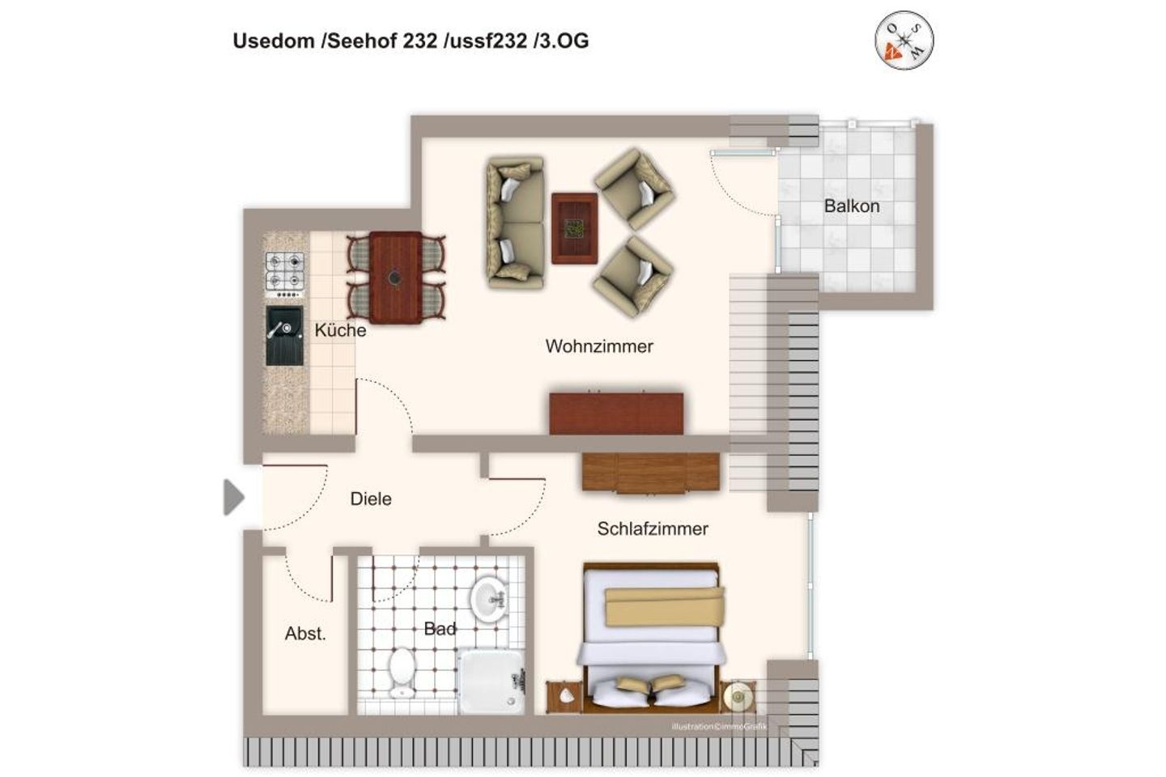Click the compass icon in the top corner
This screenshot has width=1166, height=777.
pos(904,40)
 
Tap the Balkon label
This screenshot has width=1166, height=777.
pos(851,206)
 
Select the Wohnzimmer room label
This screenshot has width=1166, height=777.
pos(598,346)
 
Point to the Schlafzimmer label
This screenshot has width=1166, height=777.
pos(653,529)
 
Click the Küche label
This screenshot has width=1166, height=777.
pos(340,330)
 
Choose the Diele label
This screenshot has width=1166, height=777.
pos(370,499)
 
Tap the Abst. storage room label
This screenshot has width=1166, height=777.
pos(305,634)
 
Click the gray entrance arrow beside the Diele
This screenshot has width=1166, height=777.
pos(233,497)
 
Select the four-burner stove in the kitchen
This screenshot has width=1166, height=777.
pos(285,271)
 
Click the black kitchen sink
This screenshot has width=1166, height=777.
pos(284,335)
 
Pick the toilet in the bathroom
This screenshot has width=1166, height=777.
pos(402,672)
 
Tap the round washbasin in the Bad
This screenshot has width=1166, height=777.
pos(489,600)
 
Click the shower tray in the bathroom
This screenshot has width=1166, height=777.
pos(491,681)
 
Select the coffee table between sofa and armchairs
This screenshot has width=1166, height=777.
pos(574,227)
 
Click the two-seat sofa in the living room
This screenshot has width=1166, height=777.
pos(514,223)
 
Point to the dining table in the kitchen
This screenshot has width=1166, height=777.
pos(395,278)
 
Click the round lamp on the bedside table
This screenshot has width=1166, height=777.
pos(738,695)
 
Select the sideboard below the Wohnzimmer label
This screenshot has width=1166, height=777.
pos(616,413)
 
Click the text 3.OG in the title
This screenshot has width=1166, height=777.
pos(561,41)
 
